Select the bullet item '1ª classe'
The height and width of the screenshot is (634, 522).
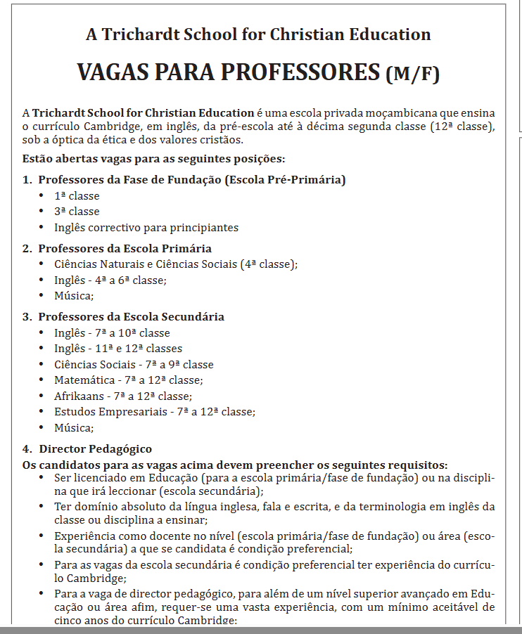77,196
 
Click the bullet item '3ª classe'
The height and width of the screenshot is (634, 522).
77,212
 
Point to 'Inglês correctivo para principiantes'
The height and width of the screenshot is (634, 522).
146,228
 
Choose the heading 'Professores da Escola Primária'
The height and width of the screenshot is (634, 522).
125,248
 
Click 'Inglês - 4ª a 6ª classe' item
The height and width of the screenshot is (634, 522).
110,280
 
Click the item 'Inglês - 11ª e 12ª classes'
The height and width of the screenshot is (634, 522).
118,349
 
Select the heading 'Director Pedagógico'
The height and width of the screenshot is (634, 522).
95,448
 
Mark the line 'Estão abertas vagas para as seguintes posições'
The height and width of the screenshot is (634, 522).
153,159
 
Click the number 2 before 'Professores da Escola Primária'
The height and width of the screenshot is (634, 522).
26,248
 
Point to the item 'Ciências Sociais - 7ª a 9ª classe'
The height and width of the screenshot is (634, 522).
134,365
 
